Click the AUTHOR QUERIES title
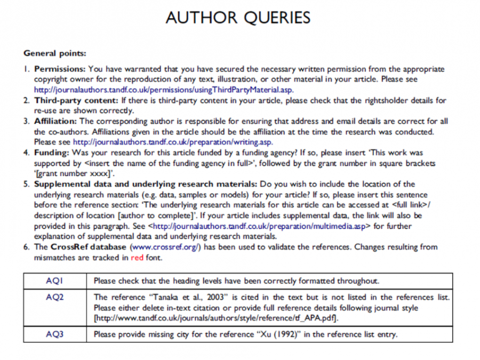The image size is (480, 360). [238, 18]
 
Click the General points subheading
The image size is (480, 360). [55, 53]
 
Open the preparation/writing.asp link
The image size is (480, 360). [172, 142]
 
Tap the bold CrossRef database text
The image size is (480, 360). [89, 247]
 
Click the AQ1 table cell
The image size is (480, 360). [55, 281]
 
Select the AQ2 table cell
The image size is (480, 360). [55, 297]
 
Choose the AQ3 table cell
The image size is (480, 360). [55, 334]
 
